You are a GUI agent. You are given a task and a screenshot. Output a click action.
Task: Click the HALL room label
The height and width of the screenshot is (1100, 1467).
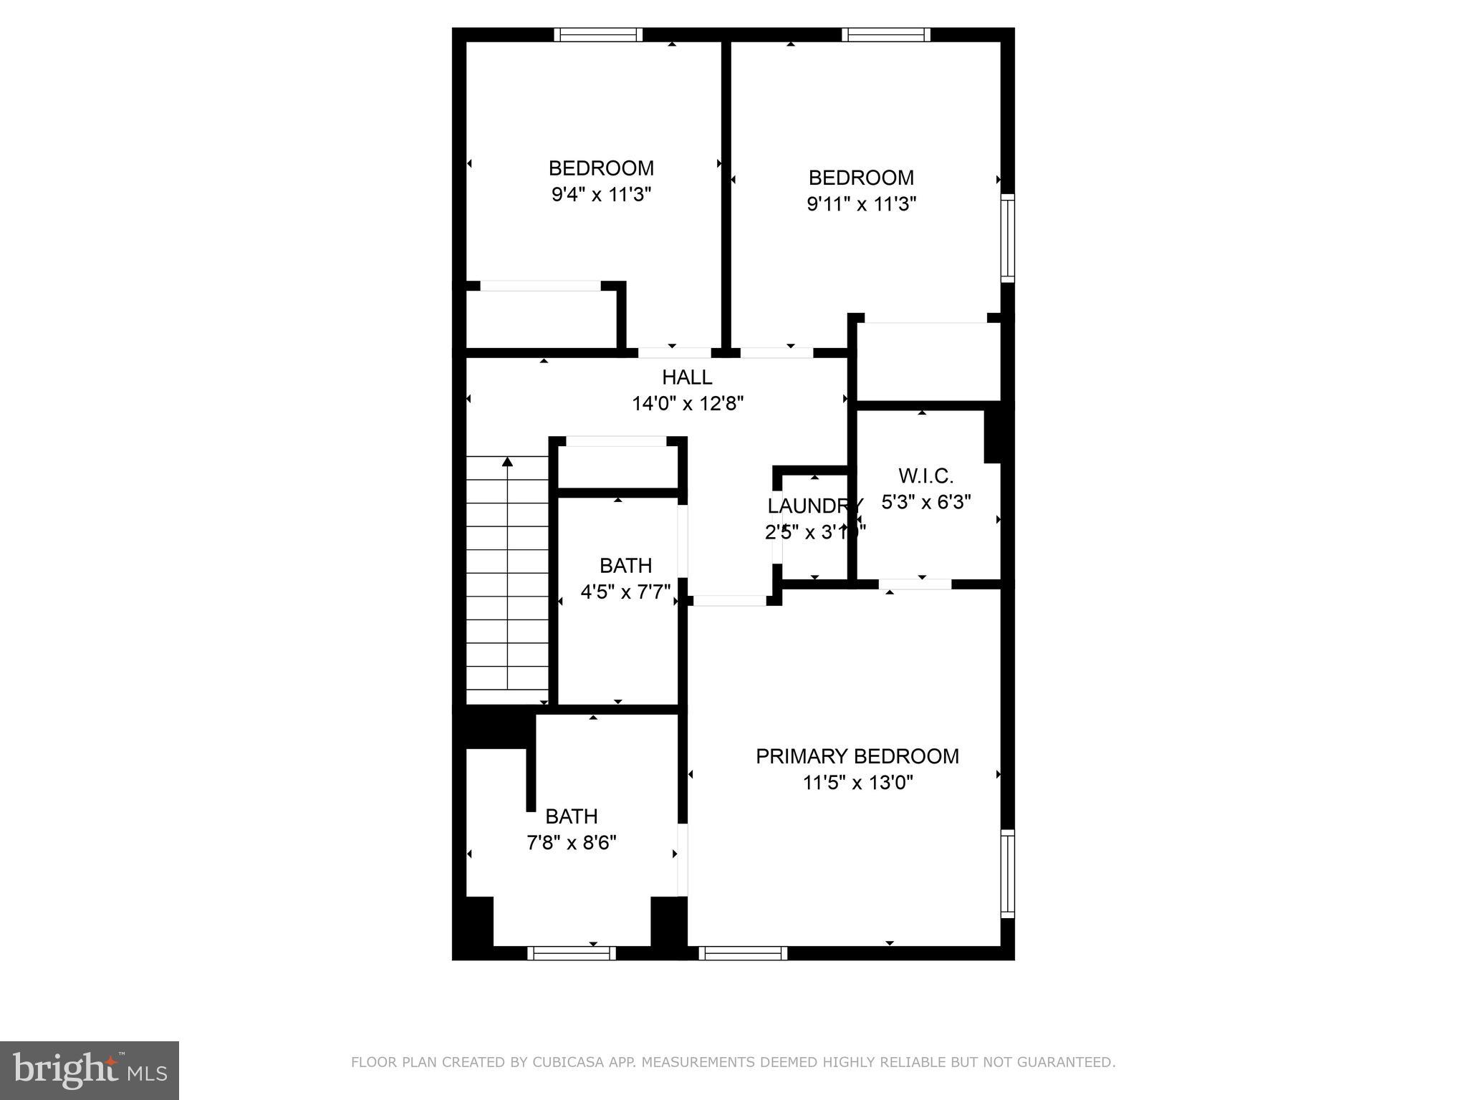click(x=687, y=377)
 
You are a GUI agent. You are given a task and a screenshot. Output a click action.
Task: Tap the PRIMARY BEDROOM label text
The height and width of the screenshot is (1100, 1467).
click(x=857, y=756)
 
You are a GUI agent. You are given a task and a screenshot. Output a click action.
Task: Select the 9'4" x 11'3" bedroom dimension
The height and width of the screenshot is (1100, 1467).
click(x=601, y=194)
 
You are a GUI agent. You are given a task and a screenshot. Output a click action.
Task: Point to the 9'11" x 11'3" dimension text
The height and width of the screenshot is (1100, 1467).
click(x=861, y=204)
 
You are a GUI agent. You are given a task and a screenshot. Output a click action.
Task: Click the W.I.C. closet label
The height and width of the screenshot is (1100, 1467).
click(x=925, y=476)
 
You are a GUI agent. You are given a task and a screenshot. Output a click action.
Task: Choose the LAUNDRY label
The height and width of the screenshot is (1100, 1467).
click(x=814, y=506)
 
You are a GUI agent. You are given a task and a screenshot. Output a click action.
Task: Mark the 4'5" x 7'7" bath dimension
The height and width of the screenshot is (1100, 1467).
click(x=625, y=592)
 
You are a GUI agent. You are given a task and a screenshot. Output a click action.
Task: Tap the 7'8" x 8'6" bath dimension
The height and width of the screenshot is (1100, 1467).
click(x=571, y=843)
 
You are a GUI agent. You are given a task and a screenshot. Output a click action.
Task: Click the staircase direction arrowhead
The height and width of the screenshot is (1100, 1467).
click(x=508, y=462)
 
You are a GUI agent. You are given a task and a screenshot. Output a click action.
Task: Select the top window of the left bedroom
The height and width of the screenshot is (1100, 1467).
click(x=598, y=35)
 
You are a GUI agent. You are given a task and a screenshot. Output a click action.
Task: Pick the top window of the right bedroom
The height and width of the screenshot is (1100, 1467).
click(x=885, y=35)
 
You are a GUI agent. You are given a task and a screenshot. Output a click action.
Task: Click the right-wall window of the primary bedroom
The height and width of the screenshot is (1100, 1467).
click(x=1007, y=873)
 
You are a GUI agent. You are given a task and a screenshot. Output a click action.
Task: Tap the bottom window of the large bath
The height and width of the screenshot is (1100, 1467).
click(x=572, y=952)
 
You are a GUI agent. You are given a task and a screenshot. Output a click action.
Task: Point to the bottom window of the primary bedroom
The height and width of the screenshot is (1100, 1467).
click(x=743, y=952)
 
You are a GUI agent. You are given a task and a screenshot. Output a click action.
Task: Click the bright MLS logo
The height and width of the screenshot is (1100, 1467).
click(x=90, y=1071)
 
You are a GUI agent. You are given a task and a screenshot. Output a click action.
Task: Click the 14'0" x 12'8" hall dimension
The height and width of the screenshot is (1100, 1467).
click(x=687, y=404)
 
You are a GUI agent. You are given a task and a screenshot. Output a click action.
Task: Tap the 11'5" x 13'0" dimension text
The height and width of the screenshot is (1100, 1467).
click(x=857, y=783)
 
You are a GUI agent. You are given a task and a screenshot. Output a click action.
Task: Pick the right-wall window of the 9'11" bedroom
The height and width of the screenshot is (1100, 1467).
click(x=1007, y=238)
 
